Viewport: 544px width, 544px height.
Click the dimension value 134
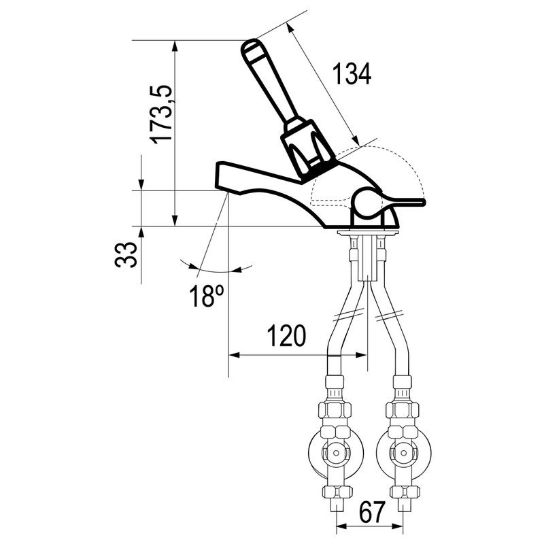pyautogui.click(x=352, y=73)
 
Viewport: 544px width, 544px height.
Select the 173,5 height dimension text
pyautogui.click(x=161, y=114)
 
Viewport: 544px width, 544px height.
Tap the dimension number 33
pyautogui.click(x=126, y=254)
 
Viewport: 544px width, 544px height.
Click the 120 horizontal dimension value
pyautogui.click(x=286, y=335)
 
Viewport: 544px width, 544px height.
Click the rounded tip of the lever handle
pyautogui.click(x=250, y=47)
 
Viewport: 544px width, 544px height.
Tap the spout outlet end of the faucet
pyautogui.click(x=222, y=176)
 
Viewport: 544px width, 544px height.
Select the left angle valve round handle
pyautogui.click(x=335, y=452)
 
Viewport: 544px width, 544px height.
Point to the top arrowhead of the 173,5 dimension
pyautogui.click(x=175, y=47)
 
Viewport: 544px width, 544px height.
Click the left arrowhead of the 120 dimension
pyautogui.click(x=235, y=355)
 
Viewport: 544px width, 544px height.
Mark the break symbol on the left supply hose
pyautogui.click(x=350, y=313)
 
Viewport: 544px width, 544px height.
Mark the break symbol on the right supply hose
pyautogui.click(x=388, y=314)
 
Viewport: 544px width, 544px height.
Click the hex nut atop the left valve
pyautogui.click(x=335, y=410)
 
